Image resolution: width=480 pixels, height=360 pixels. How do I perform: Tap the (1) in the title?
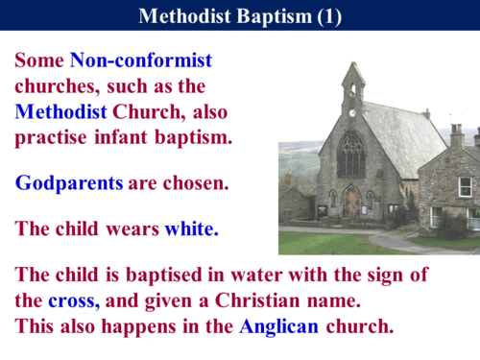click(x=327, y=16)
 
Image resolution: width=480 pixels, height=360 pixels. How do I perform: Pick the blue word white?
click(x=191, y=229)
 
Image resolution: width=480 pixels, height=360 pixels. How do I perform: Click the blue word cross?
click(x=74, y=300)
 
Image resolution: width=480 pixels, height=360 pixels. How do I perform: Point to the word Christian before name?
click(x=253, y=300)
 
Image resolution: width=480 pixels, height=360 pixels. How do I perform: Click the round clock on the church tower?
click(x=352, y=112)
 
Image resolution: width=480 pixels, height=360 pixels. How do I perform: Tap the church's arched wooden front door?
click(x=353, y=204)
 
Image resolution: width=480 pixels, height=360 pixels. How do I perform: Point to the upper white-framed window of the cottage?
click(x=465, y=186)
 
